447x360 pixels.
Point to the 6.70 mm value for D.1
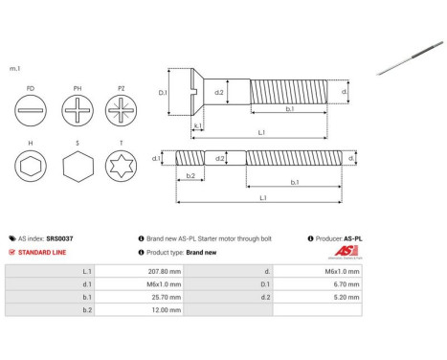(343, 284)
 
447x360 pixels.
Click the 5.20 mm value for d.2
(343, 298)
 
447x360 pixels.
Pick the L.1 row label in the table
(87, 271)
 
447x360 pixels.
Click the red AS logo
(343, 252)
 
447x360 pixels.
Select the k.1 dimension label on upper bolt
(197, 124)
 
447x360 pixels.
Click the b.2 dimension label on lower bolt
(190, 176)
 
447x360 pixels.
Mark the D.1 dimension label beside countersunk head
(163, 93)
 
